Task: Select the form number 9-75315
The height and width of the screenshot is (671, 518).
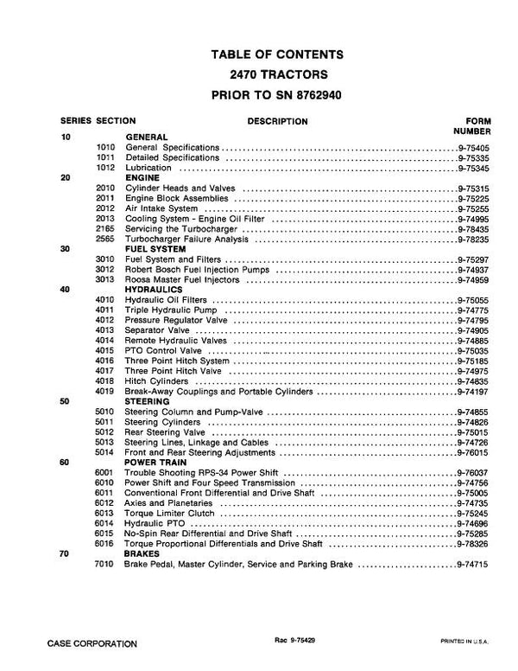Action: click(x=474, y=188)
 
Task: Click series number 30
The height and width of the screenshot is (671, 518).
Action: click(x=66, y=249)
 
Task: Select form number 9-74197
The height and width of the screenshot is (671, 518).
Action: click(x=474, y=392)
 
